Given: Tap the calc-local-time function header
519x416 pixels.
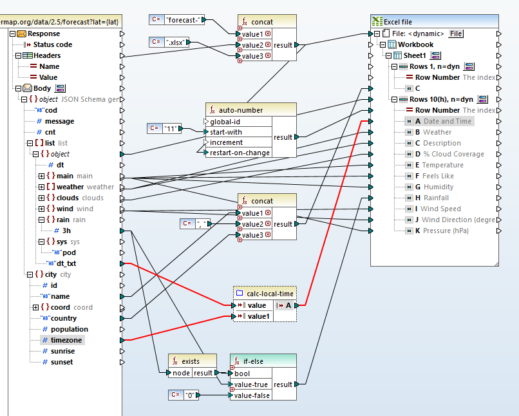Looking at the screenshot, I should [x=269, y=294].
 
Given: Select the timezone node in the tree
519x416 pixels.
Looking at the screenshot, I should [x=66, y=340].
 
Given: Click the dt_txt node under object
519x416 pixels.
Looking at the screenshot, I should [x=66, y=263].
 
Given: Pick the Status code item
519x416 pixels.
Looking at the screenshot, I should [x=53, y=44].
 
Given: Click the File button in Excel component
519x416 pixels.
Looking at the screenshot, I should [x=456, y=33].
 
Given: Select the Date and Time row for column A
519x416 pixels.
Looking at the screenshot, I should [x=448, y=121].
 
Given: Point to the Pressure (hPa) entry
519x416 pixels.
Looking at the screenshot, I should [x=445, y=231].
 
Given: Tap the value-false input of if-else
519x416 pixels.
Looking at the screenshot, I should [x=252, y=395].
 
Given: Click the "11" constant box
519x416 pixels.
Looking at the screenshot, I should [x=171, y=128].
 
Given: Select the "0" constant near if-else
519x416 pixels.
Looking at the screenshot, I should [x=189, y=395].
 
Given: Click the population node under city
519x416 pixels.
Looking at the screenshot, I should [x=70, y=329].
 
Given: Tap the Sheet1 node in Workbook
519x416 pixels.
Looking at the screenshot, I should [x=415, y=55].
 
